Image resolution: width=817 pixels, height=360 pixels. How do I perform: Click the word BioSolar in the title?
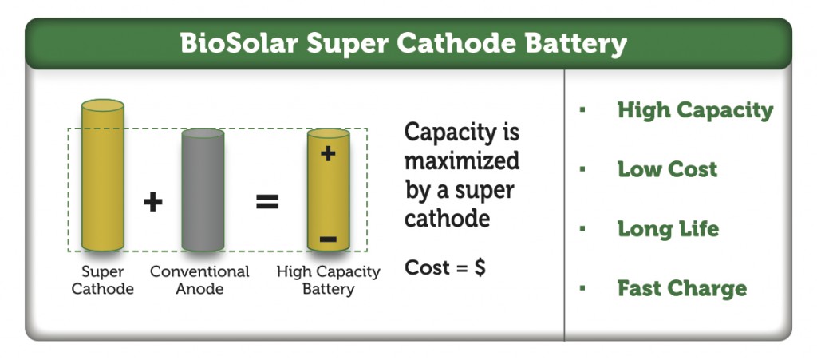(x=239, y=44)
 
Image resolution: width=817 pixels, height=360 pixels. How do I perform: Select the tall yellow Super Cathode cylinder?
(x=103, y=175)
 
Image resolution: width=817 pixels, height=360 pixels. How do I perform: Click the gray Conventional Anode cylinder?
(x=203, y=190)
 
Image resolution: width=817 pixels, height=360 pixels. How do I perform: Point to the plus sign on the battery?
(x=328, y=153)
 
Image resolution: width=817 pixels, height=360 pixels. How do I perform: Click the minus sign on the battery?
(x=328, y=239)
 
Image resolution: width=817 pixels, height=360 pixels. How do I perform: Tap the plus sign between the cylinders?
(x=152, y=202)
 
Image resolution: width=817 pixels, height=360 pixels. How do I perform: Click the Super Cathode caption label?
(x=103, y=280)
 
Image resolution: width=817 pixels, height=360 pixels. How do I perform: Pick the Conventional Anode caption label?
(x=199, y=280)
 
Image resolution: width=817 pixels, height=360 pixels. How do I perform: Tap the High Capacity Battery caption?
(x=328, y=280)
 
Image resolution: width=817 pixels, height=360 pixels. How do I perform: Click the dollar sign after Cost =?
(x=479, y=267)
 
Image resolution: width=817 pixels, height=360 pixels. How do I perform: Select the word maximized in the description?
(x=462, y=160)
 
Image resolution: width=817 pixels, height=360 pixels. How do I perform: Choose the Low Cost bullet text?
(x=667, y=169)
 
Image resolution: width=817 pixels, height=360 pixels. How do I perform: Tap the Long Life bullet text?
(x=668, y=229)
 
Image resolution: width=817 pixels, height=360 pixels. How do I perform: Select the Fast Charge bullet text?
(x=682, y=289)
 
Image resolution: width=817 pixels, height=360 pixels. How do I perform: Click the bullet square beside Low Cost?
(x=582, y=169)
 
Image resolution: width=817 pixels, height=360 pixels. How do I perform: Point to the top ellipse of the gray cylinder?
(x=203, y=133)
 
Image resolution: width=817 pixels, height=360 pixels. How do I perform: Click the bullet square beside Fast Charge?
(x=582, y=288)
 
